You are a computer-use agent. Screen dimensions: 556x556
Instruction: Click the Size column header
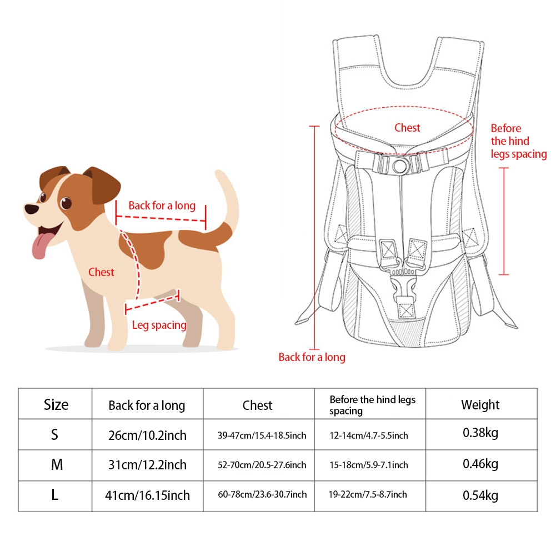(x=56, y=404)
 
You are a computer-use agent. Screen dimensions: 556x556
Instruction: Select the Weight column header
(x=480, y=404)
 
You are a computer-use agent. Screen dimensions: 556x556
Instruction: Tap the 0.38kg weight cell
(x=480, y=433)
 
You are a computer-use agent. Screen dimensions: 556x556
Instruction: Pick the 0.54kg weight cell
(x=480, y=495)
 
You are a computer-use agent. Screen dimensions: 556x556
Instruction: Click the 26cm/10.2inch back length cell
(x=147, y=435)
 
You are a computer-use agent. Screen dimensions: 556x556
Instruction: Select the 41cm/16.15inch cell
(x=147, y=495)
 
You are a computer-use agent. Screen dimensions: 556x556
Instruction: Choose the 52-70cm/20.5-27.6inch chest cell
(x=262, y=465)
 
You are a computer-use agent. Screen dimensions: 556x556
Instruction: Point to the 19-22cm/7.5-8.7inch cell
(x=368, y=494)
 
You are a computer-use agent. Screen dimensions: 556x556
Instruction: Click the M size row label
(x=57, y=464)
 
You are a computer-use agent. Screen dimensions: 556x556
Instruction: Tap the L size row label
(x=54, y=494)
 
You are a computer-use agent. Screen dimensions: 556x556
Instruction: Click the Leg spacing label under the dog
(x=159, y=325)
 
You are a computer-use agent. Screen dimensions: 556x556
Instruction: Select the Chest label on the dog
(x=101, y=272)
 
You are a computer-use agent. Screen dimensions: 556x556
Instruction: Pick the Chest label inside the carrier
(x=407, y=128)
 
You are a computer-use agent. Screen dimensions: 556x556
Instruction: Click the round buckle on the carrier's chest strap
(x=400, y=165)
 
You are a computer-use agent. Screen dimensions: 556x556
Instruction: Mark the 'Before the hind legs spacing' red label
(x=518, y=141)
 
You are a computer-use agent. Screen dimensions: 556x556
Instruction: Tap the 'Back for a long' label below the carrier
(x=312, y=357)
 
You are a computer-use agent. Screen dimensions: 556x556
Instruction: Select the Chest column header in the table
(x=257, y=405)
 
